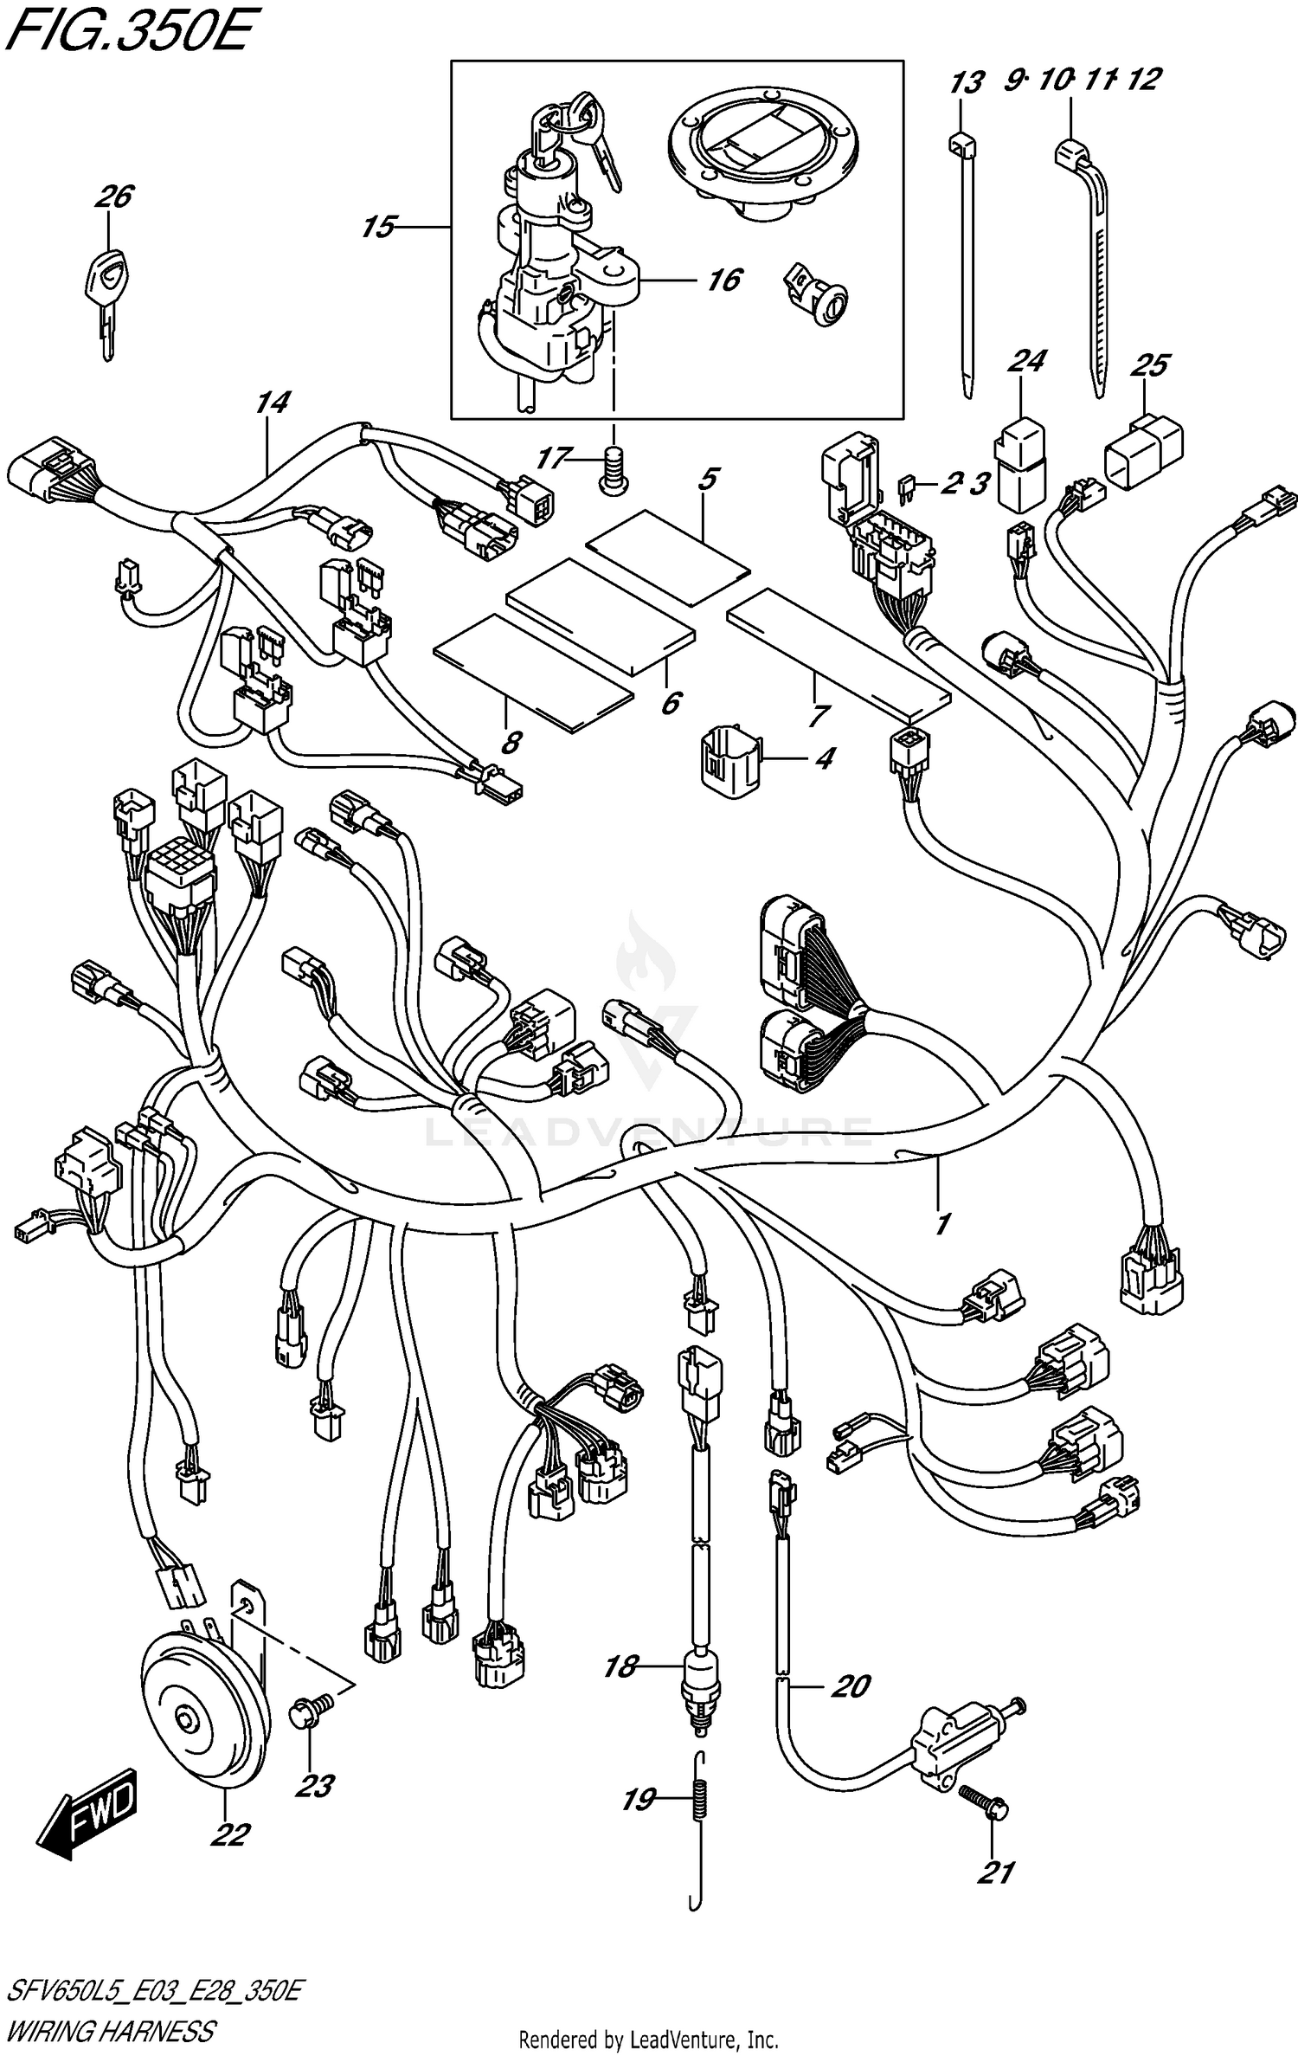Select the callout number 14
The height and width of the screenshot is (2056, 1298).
(x=273, y=403)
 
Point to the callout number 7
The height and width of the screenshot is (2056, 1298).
(x=819, y=715)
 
